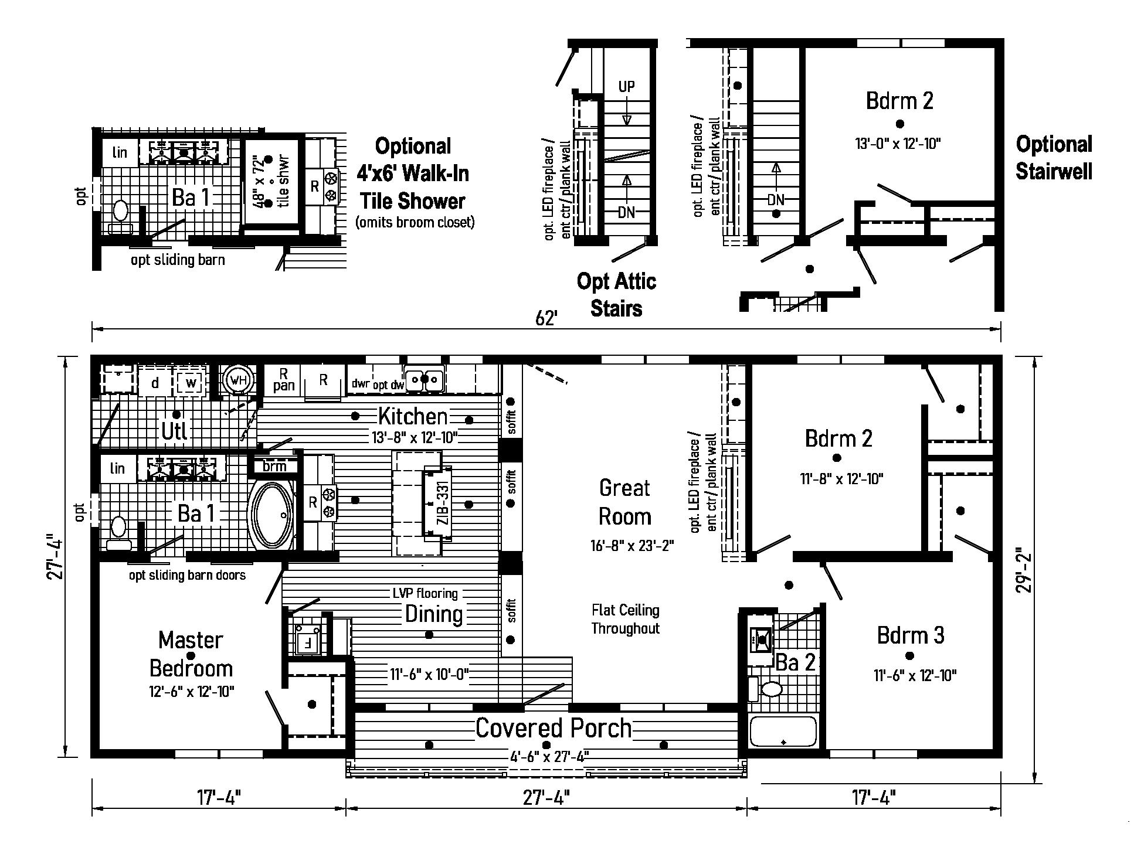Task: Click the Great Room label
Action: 624,502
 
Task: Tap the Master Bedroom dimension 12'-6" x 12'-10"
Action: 191,692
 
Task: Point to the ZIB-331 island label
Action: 443,502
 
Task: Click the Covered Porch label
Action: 553,728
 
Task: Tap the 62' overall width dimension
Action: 545,318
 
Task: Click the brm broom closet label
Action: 274,466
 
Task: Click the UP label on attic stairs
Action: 626,87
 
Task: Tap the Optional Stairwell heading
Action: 1054,157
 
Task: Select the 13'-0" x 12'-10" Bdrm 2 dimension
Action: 898,143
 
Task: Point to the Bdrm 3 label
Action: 910,635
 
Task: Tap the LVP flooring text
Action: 425,593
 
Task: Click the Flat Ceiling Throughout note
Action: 625,620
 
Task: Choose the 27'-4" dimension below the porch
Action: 545,798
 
